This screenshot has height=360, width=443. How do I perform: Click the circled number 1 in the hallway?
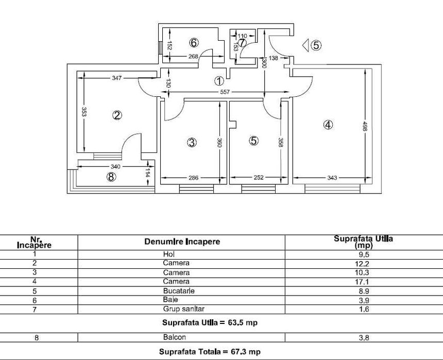(x=219, y=81)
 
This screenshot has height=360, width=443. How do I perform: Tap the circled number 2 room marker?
(x=117, y=115)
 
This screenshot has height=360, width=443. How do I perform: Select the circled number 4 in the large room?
(x=328, y=125)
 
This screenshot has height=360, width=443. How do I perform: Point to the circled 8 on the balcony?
(x=111, y=177)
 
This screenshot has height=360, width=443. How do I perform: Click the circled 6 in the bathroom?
(x=194, y=43)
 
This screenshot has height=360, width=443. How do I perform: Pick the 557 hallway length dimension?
(x=224, y=92)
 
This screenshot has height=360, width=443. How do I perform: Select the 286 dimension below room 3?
(x=192, y=178)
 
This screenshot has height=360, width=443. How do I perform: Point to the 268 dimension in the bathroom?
(x=193, y=57)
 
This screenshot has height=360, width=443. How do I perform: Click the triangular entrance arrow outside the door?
(x=305, y=45)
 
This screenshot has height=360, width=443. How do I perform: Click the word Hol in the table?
(x=169, y=254)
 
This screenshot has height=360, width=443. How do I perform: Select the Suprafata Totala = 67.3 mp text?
(x=210, y=352)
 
